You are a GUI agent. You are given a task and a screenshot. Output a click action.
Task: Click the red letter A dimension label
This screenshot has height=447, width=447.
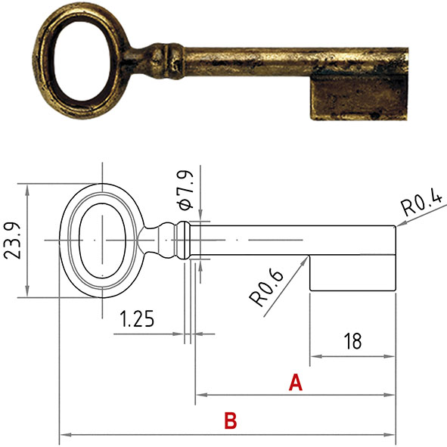[296, 383]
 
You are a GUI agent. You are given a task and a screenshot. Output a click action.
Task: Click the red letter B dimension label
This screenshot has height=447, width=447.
[231, 421]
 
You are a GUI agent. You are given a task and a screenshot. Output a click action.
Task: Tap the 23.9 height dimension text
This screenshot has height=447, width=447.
[13, 240]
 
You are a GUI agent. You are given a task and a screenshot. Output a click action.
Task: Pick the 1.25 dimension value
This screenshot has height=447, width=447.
[137, 319]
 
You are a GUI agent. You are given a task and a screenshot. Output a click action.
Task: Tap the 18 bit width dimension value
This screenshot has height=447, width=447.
[352, 341]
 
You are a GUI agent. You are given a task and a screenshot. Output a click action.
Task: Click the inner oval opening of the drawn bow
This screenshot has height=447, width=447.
[98, 240]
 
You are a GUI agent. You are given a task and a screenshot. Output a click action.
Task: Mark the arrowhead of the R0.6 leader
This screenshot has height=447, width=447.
[307, 257]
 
